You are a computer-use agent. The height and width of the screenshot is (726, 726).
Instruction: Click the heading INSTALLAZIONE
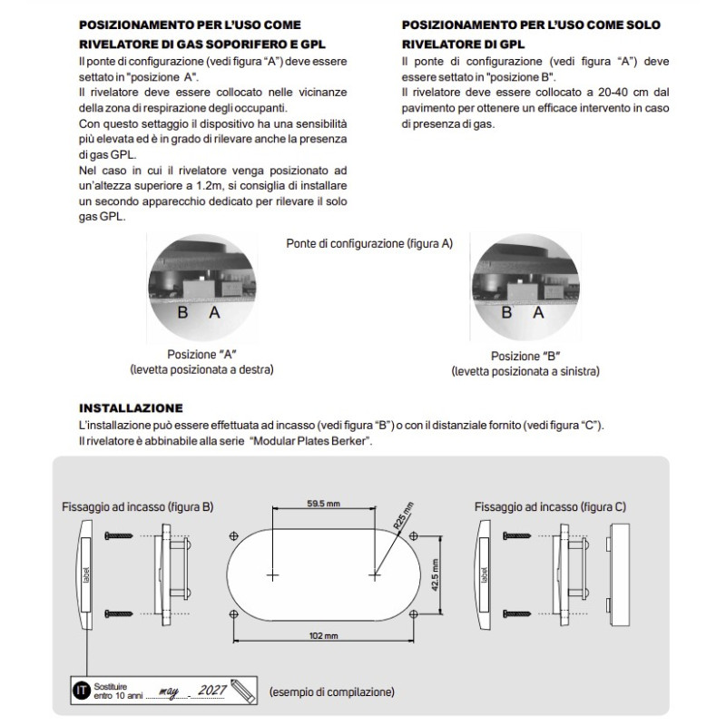tap(131, 408)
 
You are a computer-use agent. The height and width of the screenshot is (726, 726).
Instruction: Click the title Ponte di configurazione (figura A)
tap(368, 244)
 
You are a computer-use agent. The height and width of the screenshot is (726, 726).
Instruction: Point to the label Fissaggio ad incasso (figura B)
tap(137, 505)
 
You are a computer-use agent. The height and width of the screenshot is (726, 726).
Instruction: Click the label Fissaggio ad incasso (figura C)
tap(550, 505)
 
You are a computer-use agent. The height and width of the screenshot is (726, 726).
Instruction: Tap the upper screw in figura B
tap(119, 542)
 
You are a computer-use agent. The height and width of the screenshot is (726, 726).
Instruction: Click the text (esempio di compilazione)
tap(331, 692)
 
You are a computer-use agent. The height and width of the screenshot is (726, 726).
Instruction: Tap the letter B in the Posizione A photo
tap(181, 312)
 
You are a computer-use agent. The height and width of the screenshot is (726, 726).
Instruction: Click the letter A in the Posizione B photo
tap(538, 312)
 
